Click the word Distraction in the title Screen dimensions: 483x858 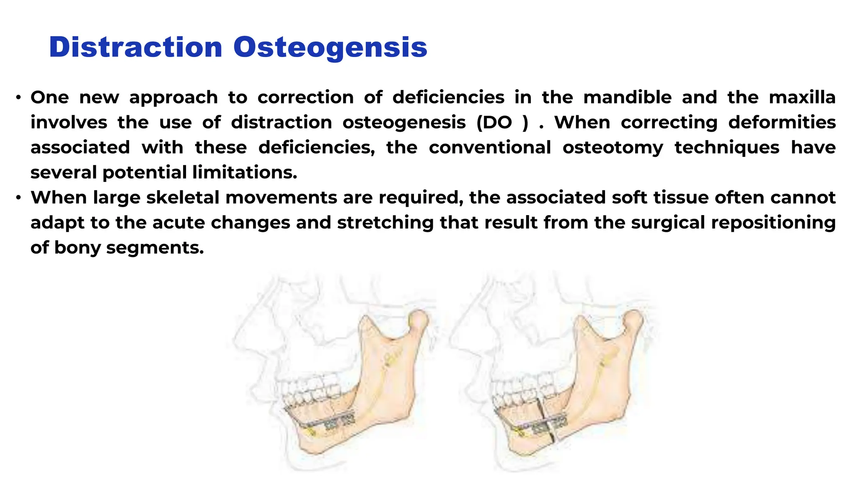point(135,47)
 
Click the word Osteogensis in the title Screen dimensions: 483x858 point(330,47)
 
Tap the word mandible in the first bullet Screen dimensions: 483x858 point(627,97)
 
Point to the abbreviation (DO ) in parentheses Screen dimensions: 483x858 point(502,122)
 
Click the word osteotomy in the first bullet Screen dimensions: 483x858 point(613,148)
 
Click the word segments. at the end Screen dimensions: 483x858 point(155,247)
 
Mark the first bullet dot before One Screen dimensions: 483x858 point(18,98)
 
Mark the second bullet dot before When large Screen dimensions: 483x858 point(18,198)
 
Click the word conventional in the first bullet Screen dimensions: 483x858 point(489,148)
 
